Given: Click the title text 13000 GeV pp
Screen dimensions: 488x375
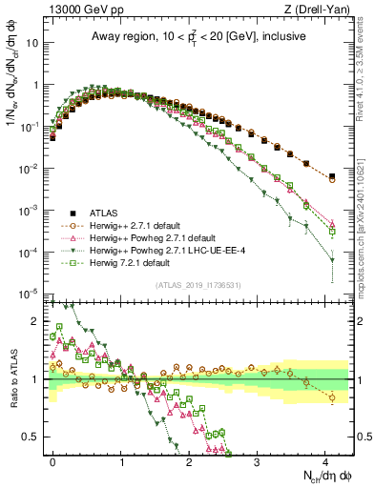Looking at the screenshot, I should click(75, 10).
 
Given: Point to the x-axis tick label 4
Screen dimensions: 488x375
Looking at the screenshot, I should click(324, 460).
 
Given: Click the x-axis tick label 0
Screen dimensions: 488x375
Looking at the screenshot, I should click(53, 460).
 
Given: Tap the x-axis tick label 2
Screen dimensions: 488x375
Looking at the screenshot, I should click(189, 460).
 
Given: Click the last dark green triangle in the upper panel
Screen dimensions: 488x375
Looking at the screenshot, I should click(332, 260).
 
